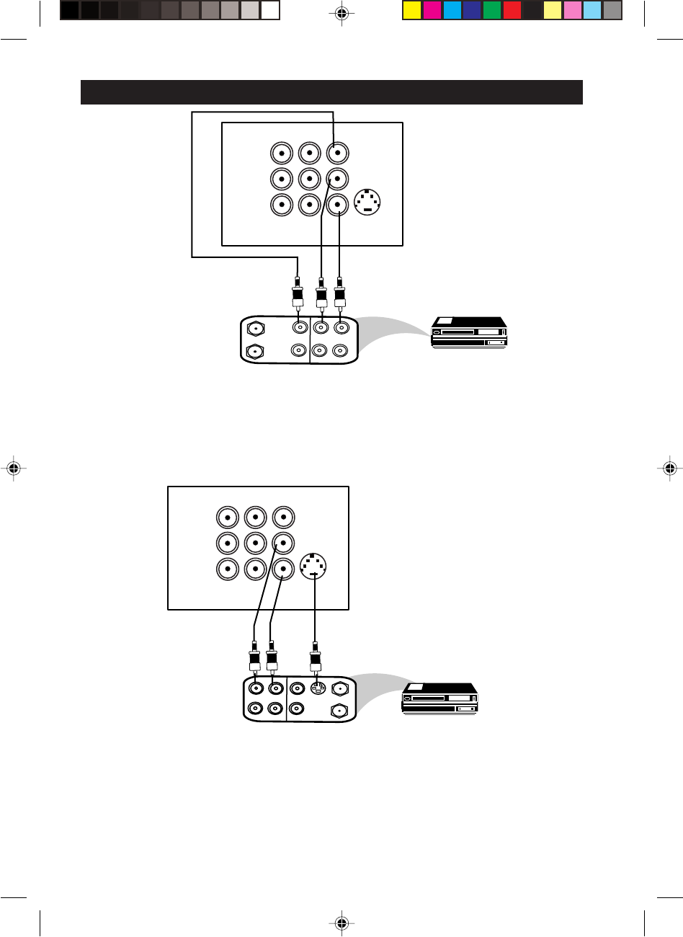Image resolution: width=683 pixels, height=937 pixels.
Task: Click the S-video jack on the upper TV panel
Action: pyautogui.click(x=369, y=202)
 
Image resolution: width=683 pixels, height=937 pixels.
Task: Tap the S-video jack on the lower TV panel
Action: pyautogui.click(x=313, y=567)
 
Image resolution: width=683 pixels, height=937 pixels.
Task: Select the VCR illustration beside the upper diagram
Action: pyautogui.click(x=468, y=333)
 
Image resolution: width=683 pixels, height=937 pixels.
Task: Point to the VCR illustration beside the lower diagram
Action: pyautogui.click(x=439, y=697)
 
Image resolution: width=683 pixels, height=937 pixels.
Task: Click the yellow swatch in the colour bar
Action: pyautogui.click(x=411, y=10)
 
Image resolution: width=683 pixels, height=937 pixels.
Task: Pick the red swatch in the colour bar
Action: pyautogui.click(x=512, y=10)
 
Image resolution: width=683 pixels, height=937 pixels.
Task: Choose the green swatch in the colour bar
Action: pyautogui.click(x=492, y=10)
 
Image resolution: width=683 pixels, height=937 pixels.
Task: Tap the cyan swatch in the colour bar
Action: pyautogui.click(x=452, y=10)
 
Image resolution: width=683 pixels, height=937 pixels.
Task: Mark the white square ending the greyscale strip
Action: pyautogui.click(x=270, y=10)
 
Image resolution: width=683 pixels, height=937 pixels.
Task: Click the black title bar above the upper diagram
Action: pyautogui.click(x=331, y=92)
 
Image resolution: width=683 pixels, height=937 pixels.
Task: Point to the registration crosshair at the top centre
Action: pyautogui.click(x=341, y=13)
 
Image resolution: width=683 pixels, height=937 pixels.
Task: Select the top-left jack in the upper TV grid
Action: pyautogui.click(x=281, y=153)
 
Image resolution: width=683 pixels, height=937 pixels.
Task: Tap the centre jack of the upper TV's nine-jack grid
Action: pyautogui.click(x=309, y=178)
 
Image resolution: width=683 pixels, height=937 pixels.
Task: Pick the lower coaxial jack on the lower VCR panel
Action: pyautogui.click(x=339, y=710)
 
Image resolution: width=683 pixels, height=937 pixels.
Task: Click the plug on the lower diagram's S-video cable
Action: pyautogui.click(x=314, y=660)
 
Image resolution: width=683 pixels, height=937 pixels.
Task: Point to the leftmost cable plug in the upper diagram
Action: pyautogui.click(x=297, y=294)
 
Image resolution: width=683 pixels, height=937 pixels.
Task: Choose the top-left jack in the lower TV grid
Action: pyautogui.click(x=228, y=518)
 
